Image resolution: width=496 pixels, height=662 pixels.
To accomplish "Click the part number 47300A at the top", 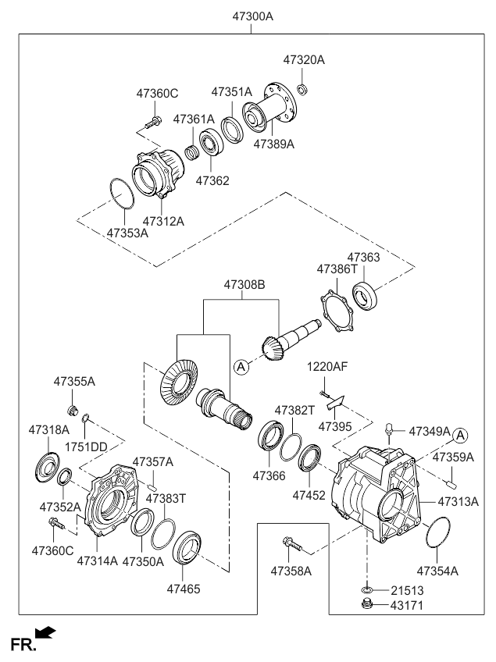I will point(252,15).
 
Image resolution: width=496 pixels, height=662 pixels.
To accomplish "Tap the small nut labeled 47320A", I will point(302,86).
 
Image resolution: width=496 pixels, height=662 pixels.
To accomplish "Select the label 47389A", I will point(273,144).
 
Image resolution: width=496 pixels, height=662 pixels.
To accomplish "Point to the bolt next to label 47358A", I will point(291,542).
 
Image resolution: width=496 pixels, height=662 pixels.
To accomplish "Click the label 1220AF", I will point(326,366).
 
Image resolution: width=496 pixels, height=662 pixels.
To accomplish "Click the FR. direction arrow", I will point(46,631).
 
